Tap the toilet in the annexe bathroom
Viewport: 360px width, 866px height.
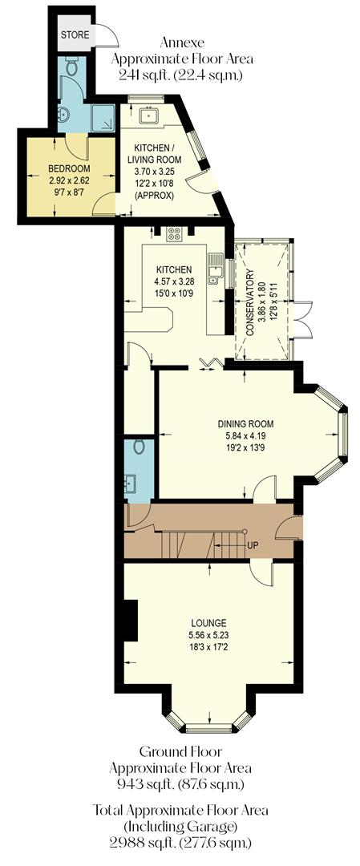click(71, 70)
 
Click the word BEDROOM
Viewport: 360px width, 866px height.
click(69, 169)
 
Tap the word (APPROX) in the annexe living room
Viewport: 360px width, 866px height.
click(157, 194)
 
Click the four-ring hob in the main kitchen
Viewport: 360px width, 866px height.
click(174, 235)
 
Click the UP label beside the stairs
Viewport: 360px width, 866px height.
click(253, 546)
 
